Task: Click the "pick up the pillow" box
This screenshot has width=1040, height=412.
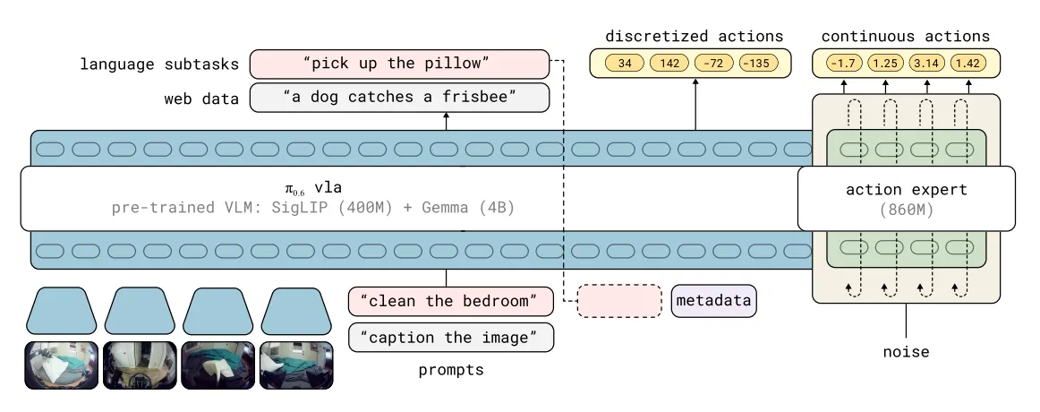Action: tap(398, 64)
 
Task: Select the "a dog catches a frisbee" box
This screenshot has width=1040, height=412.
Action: tap(398, 97)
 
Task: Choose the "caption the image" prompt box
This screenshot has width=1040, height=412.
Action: tap(450, 337)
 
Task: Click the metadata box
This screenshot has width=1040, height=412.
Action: tap(712, 301)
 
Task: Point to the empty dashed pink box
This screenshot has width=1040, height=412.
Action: tap(618, 301)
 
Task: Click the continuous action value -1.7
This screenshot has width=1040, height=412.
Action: tap(841, 64)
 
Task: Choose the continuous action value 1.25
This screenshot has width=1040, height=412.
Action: tap(884, 64)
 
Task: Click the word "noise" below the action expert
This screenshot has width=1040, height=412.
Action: tap(906, 352)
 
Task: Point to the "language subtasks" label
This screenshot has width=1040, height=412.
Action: tap(159, 64)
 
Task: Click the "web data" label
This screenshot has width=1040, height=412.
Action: tap(200, 99)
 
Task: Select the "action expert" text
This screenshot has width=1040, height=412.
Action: tap(906, 190)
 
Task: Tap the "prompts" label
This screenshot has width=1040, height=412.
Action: tap(450, 369)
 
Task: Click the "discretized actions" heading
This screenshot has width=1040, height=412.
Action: tap(694, 37)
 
